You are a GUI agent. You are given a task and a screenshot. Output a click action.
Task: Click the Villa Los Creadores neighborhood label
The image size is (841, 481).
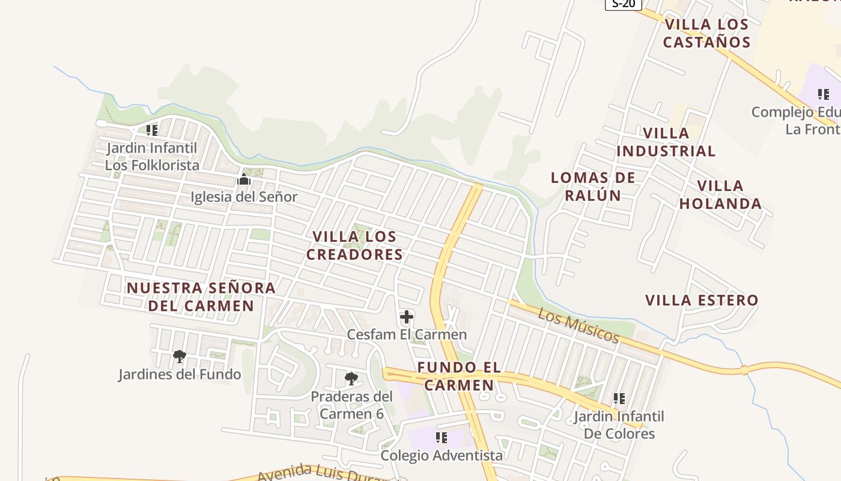tap(354, 245)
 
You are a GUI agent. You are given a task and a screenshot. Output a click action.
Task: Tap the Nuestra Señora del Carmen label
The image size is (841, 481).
tap(201, 296)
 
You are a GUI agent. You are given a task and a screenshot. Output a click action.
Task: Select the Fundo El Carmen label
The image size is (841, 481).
tap(459, 376)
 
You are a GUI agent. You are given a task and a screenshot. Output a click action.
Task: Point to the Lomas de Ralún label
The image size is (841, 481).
tap(593, 186)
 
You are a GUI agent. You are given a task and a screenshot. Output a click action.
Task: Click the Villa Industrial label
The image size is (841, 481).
tap(666, 142)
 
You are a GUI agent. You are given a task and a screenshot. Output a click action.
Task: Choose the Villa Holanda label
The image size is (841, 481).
tap(720, 194)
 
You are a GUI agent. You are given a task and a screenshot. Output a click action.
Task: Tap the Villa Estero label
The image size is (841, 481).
tap(702, 300)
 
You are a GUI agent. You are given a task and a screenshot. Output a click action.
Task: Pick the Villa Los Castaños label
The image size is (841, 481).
tap(706, 33)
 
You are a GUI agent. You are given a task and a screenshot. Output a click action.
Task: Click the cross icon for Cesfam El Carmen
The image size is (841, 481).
tap(407, 317)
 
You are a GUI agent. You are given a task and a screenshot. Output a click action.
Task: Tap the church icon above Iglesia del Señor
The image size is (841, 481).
tap(244, 180)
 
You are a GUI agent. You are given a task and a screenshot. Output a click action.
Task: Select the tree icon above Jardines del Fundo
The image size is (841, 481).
tap(179, 357)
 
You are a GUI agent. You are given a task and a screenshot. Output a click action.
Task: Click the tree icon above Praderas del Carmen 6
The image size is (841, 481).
tap(351, 379)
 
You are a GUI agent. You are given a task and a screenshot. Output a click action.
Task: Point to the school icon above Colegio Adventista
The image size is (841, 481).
tap(442, 438)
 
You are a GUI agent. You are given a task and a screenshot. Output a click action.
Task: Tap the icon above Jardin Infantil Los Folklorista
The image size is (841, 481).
tap(152, 130)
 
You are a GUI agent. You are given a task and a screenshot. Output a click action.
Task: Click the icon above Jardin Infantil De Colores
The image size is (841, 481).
tap(619, 399)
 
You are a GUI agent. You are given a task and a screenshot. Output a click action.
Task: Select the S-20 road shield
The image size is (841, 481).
tap(624, 4)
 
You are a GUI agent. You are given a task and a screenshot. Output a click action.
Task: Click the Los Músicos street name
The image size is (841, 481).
tap(578, 325)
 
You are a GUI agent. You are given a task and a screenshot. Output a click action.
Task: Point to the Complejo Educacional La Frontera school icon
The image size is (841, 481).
tap(823, 94)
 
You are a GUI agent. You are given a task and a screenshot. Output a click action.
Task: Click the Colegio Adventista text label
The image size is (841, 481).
tap(442, 455)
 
